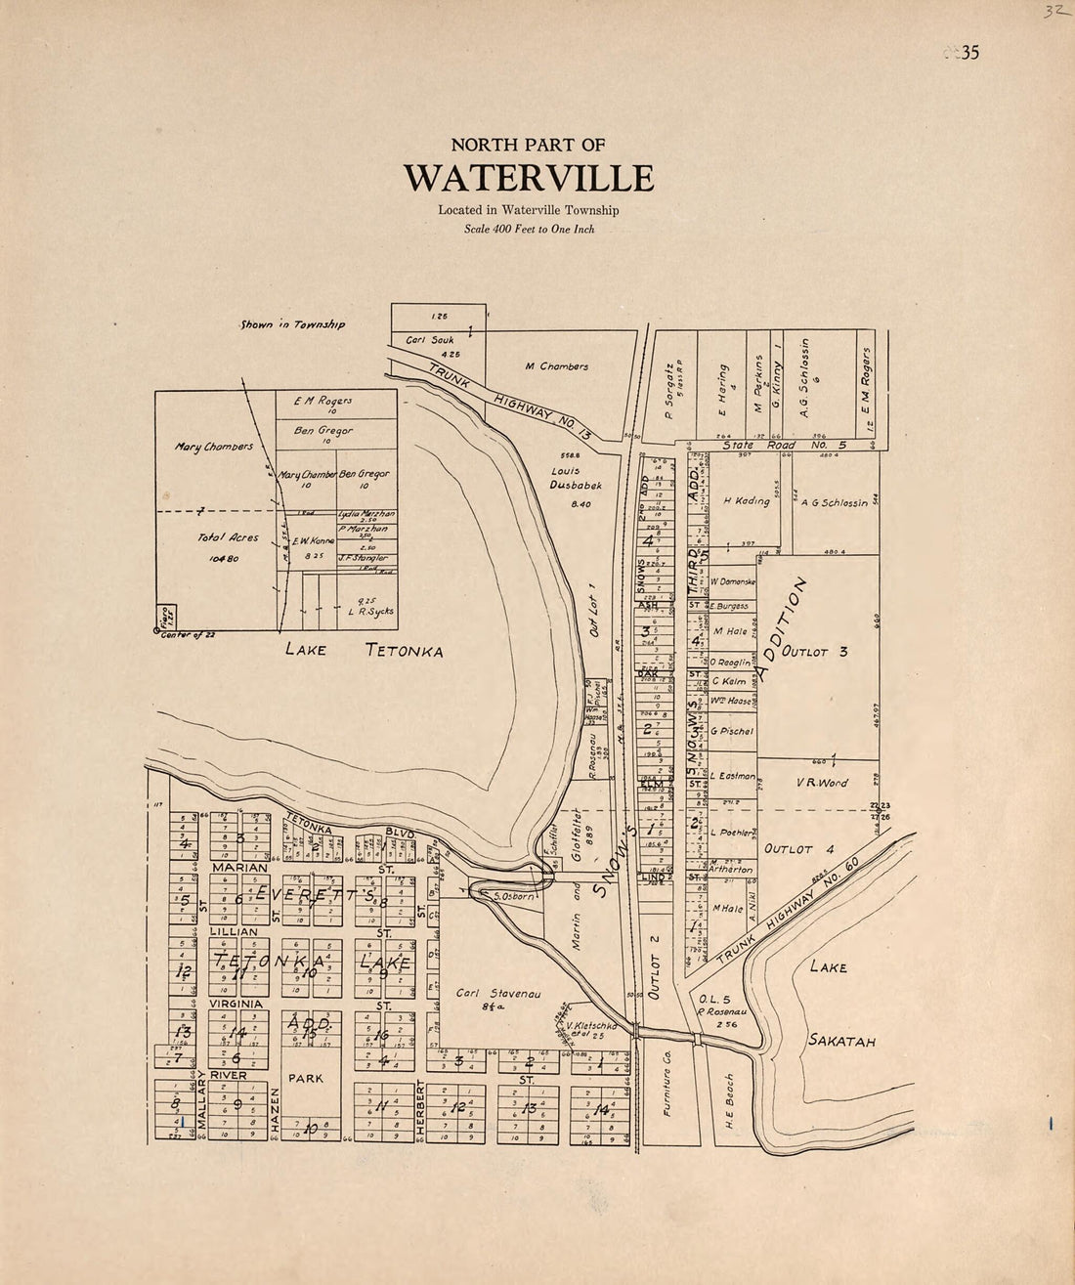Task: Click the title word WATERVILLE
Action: coord(529,179)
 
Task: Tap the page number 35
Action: coord(967,53)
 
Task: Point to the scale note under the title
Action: coord(529,231)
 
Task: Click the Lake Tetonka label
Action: coord(365,651)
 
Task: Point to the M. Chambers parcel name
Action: coord(556,366)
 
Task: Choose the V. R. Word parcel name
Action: coord(822,783)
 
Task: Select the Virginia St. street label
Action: coord(235,1004)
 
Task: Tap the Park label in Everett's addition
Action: coord(304,1079)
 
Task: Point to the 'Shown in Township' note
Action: coord(292,324)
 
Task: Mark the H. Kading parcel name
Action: coord(746,501)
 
